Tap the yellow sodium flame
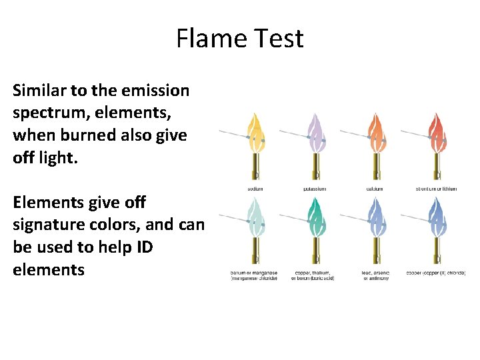(x=255, y=133)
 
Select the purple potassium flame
(x=315, y=133)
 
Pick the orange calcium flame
(x=376, y=133)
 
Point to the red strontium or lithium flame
(x=437, y=133)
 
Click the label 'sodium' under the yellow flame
(x=255, y=189)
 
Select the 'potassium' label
(x=315, y=189)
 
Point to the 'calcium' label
(x=376, y=189)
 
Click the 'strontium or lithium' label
(x=437, y=189)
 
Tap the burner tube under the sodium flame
(x=255, y=167)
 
